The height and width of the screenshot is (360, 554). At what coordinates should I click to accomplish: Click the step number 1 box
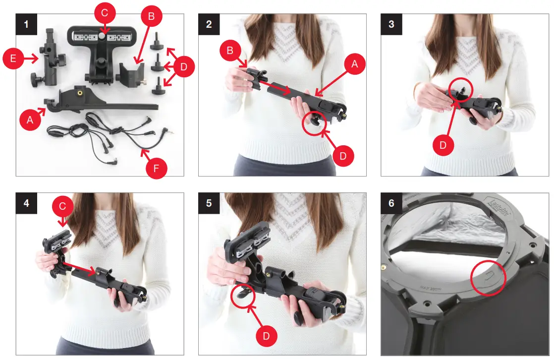click(25, 23)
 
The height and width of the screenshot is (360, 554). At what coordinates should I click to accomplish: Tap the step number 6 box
click(390, 203)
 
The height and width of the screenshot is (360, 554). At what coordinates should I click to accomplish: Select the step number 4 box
click(25, 203)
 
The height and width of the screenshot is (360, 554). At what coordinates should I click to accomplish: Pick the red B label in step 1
click(152, 16)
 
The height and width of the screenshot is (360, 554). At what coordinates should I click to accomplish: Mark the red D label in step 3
click(443, 145)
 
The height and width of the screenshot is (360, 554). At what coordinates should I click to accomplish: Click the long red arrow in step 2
click(276, 89)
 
